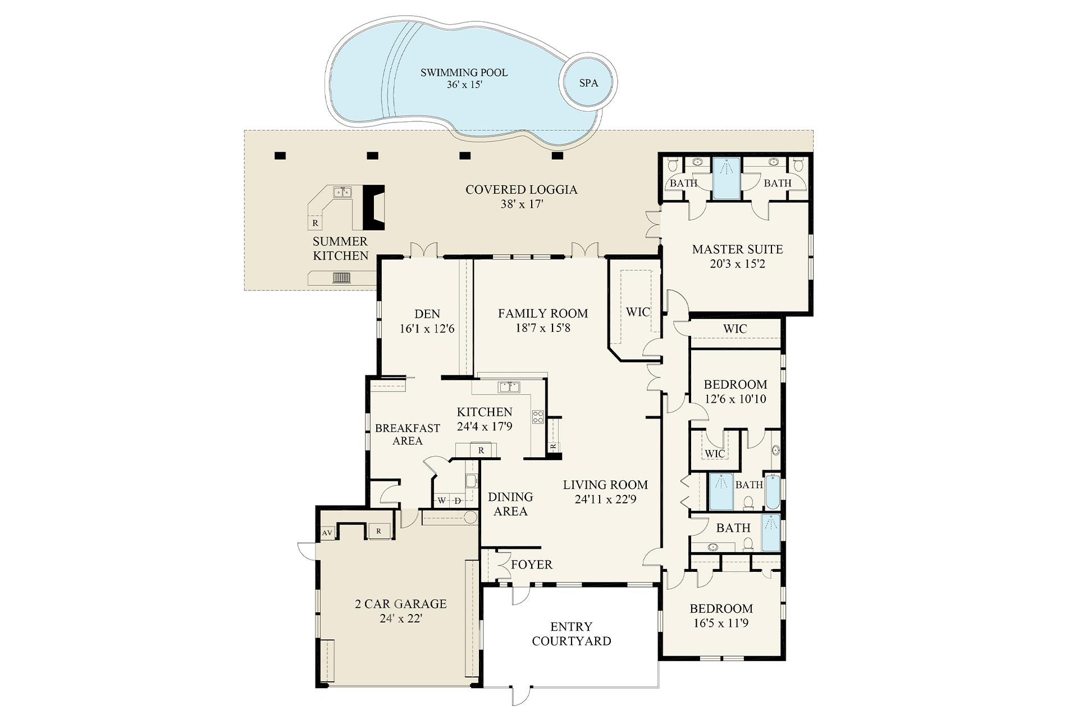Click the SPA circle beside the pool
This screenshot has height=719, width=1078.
[588, 83]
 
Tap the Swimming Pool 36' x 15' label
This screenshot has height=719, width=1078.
[464, 79]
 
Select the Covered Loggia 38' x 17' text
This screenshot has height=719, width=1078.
[521, 197]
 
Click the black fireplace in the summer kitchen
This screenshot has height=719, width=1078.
[373, 207]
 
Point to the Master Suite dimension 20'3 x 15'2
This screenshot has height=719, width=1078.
[737, 264]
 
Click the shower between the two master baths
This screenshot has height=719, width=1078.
[727, 178]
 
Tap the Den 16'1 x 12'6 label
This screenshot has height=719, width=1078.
[427, 321]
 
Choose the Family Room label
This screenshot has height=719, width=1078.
[542, 313]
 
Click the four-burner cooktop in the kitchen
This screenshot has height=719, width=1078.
[538, 416]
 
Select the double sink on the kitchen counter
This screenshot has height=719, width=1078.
[509, 386]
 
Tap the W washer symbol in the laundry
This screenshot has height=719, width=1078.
[442, 500]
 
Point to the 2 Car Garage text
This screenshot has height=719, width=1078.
[400, 604]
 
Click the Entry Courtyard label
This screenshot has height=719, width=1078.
[571, 634]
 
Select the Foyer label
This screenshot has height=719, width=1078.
[531, 565]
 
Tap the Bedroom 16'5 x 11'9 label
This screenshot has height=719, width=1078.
[721, 616]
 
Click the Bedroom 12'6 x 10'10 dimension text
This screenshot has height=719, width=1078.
[736, 399]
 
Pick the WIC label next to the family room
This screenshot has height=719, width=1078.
[638, 312]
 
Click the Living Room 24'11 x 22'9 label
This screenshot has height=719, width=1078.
[605, 492]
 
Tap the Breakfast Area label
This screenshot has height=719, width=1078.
[407, 434]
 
